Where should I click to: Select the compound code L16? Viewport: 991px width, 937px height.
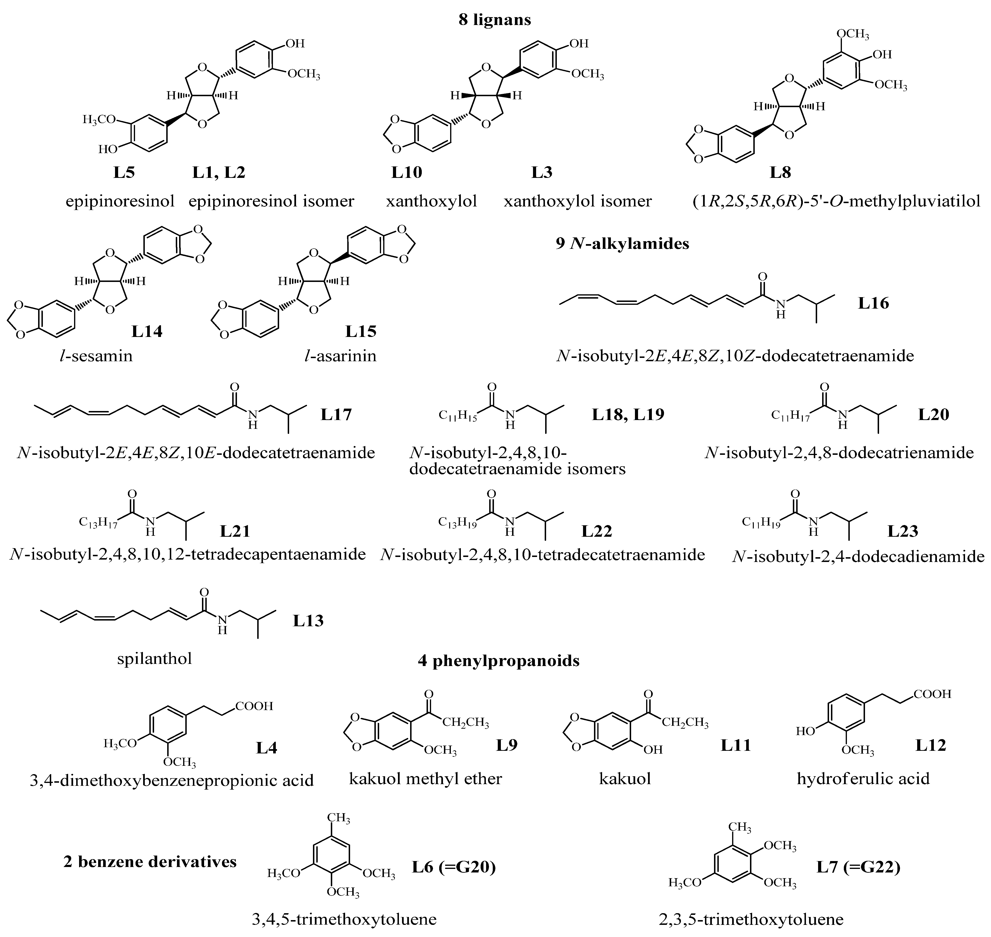click(874, 303)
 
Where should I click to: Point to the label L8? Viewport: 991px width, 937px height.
click(780, 172)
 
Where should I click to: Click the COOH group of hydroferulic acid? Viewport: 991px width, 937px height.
click(932, 694)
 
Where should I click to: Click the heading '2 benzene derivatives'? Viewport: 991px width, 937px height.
click(150, 862)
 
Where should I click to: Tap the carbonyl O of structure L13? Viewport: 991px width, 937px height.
click(204, 592)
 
